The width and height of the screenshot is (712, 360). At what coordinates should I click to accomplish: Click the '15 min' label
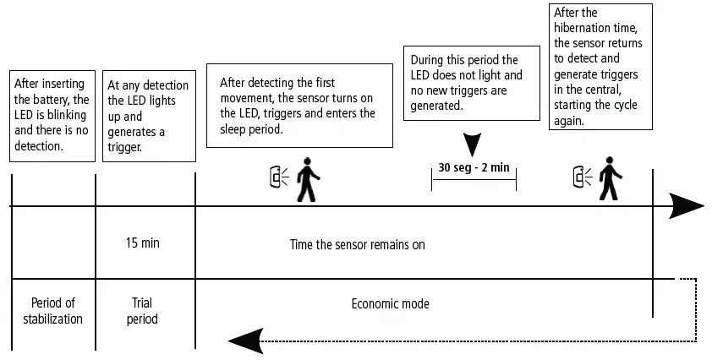(x=142, y=243)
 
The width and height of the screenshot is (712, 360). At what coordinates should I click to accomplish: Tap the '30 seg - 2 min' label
(x=474, y=166)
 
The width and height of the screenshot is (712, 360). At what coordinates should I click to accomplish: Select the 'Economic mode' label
(x=390, y=303)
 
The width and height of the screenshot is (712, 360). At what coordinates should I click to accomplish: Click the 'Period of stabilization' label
(x=52, y=311)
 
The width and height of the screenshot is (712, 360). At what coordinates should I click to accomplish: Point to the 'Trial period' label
(x=142, y=311)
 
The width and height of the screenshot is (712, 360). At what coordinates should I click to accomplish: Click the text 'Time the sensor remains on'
(x=357, y=245)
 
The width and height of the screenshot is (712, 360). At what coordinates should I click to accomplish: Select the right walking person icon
(x=610, y=180)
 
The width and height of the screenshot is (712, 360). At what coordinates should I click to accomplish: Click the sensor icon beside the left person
(x=277, y=177)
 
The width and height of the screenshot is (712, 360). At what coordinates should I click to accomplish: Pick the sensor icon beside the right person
(x=581, y=177)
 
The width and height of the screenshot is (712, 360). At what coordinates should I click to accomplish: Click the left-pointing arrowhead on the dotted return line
(x=244, y=341)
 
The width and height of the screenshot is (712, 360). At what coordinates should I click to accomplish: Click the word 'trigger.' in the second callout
(x=124, y=146)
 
